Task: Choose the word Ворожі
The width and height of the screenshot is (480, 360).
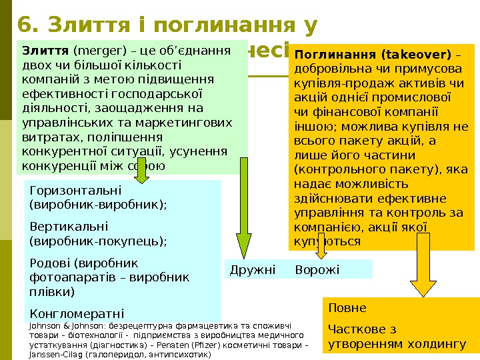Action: pyautogui.click(x=317, y=269)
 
